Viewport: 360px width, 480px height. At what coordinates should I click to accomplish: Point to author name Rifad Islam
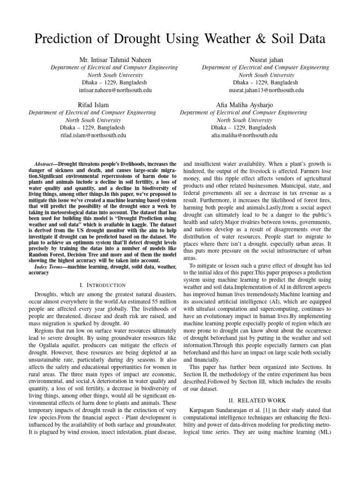[93, 105]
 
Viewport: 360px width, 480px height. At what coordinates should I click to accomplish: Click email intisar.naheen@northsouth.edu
[114, 90]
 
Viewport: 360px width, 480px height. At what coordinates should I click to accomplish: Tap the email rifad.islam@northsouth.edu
[93, 135]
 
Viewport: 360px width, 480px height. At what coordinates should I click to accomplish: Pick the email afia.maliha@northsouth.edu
[244, 135]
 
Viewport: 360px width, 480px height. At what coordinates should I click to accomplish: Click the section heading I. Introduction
[102, 285]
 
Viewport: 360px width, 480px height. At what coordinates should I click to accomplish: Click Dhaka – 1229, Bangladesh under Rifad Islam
[93, 127]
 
